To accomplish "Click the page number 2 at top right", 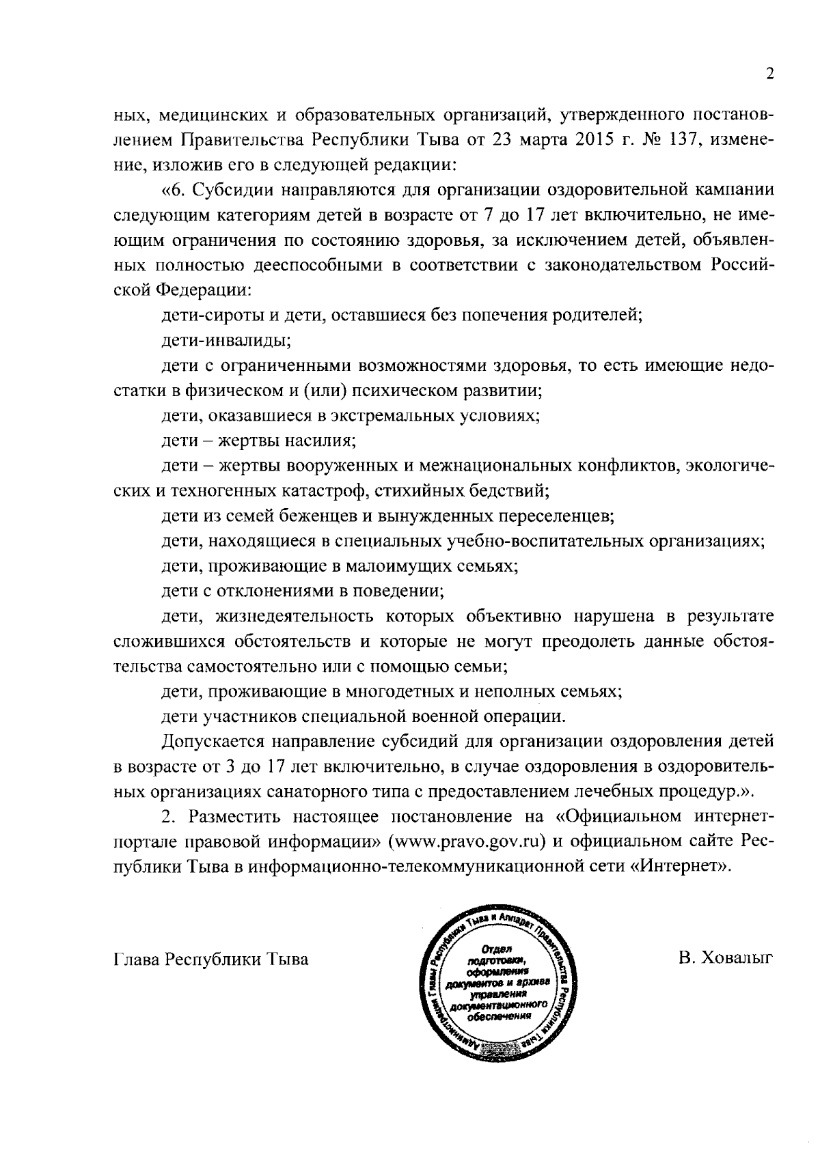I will coord(769,74).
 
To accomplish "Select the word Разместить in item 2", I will coord(237,816).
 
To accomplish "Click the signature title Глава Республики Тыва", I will coord(210,959).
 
